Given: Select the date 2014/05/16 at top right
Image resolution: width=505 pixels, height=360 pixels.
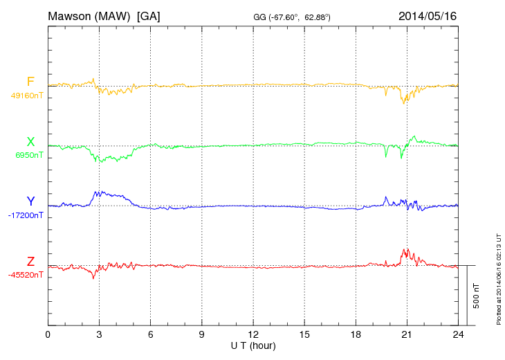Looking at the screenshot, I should [428, 15].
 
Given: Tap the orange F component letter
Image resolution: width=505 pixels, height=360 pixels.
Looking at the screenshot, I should [30, 82].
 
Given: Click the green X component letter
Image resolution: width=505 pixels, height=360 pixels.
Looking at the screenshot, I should [30, 142].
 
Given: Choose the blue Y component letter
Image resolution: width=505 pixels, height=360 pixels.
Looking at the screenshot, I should [30, 201].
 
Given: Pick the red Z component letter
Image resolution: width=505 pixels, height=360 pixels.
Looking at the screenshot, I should [30, 261].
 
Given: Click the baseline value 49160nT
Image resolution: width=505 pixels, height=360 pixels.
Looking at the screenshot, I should [26, 96].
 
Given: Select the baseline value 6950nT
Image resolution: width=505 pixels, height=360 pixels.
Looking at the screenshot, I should [28, 155].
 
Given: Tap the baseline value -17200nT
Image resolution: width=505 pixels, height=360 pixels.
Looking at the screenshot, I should [26, 215].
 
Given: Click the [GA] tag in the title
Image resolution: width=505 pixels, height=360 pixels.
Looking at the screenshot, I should [149, 15].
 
